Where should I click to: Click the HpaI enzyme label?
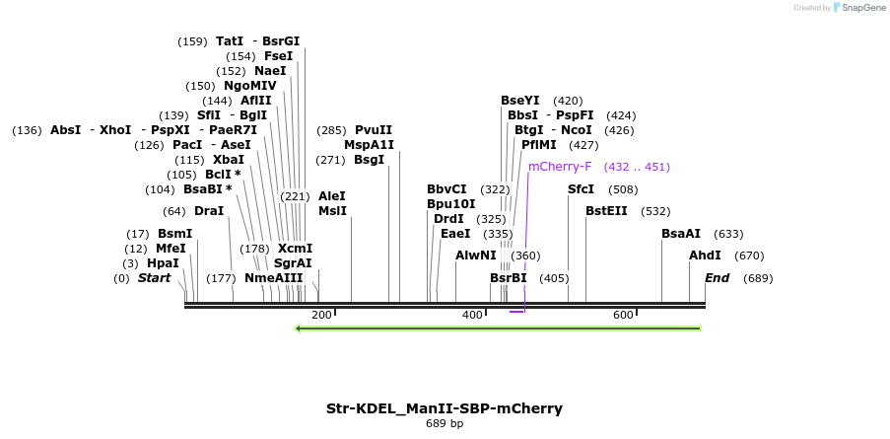click(x=163, y=263)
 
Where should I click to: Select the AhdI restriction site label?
click(x=705, y=256)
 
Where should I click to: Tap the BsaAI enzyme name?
click(x=681, y=234)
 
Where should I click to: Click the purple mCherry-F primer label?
click(x=560, y=167)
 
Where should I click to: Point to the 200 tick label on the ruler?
click(x=321, y=315)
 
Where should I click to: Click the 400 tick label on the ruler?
click(x=472, y=315)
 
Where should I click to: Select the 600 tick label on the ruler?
click(x=623, y=315)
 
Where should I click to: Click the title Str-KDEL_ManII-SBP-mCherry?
click(x=445, y=407)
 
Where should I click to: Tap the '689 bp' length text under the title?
click(x=445, y=423)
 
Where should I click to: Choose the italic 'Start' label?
click(x=154, y=278)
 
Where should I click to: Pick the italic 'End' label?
click(x=717, y=278)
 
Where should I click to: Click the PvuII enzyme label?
click(x=374, y=130)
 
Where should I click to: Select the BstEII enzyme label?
click(x=606, y=211)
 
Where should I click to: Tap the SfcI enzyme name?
click(x=581, y=189)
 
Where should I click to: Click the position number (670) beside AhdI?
click(x=750, y=256)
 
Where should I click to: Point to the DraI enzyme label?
click(x=209, y=211)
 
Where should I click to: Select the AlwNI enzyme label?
click(x=476, y=256)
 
